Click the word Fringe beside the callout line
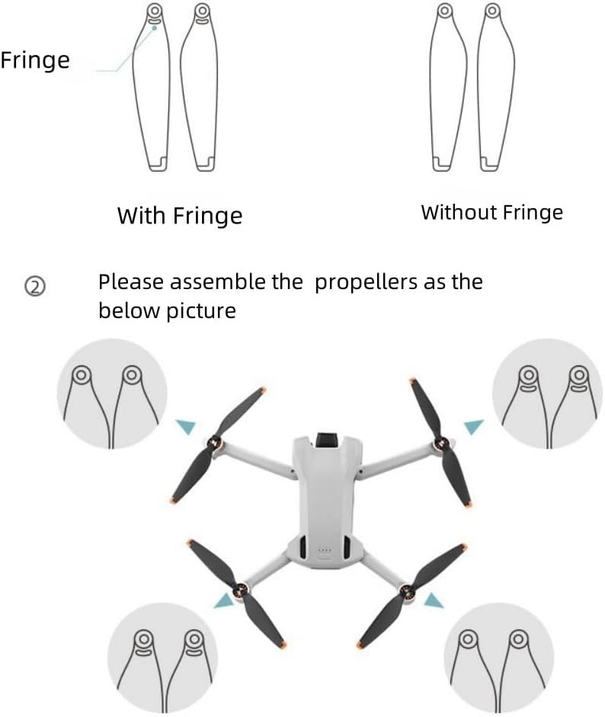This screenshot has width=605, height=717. (x=34, y=60)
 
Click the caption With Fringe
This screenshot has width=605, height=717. (x=179, y=216)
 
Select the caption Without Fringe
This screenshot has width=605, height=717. (x=491, y=213)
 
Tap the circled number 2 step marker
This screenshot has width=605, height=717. (x=37, y=288)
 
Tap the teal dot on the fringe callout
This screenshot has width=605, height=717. (x=155, y=27)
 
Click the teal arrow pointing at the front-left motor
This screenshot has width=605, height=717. (x=184, y=426)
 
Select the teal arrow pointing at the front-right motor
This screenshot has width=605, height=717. (x=473, y=426)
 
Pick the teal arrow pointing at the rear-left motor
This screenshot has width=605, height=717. (x=225, y=602)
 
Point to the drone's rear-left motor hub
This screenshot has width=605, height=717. (x=242, y=588)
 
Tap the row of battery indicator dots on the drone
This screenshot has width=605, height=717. (x=325, y=550)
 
